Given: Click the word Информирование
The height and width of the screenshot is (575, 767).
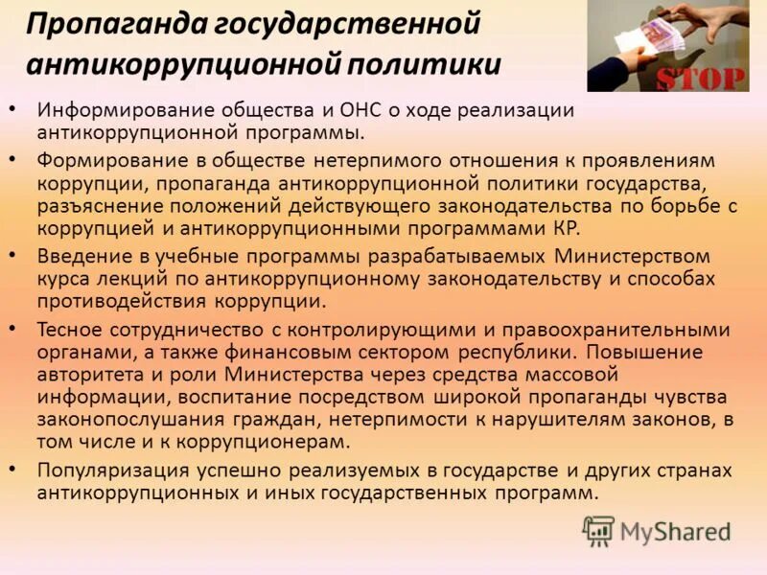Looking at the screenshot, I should click(122, 110).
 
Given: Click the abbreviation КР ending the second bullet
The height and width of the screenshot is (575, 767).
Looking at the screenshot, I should click(566, 229).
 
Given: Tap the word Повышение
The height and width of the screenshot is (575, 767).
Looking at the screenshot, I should click(657, 352).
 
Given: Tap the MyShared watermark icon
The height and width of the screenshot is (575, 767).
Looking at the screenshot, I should click(599, 530).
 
